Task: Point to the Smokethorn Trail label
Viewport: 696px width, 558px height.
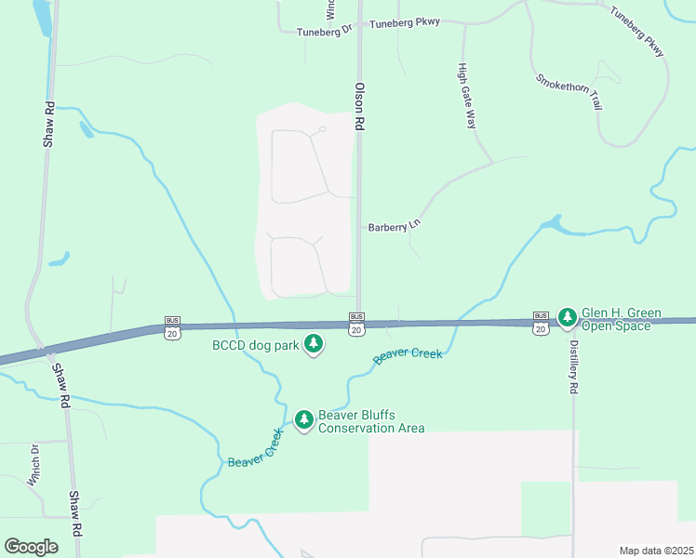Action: [569, 90]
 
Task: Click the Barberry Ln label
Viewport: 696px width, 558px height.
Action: [395, 226]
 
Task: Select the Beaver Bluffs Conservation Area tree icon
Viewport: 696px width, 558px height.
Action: [304, 420]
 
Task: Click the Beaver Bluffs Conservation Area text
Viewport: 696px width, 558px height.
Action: [371, 421]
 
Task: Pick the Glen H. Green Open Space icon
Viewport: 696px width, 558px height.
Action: [568, 318]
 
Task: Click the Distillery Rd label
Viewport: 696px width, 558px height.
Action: [574, 366]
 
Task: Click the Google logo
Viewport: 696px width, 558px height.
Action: [31, 546]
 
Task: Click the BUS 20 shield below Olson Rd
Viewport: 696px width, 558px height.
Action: [356, 324]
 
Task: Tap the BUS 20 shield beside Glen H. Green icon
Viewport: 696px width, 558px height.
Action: [541, 323]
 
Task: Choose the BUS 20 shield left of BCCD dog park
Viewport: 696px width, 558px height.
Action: [172, 326]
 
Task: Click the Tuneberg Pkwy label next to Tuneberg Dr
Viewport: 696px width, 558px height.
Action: [404, 22]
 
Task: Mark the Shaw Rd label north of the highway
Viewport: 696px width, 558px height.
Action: [49, 124]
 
